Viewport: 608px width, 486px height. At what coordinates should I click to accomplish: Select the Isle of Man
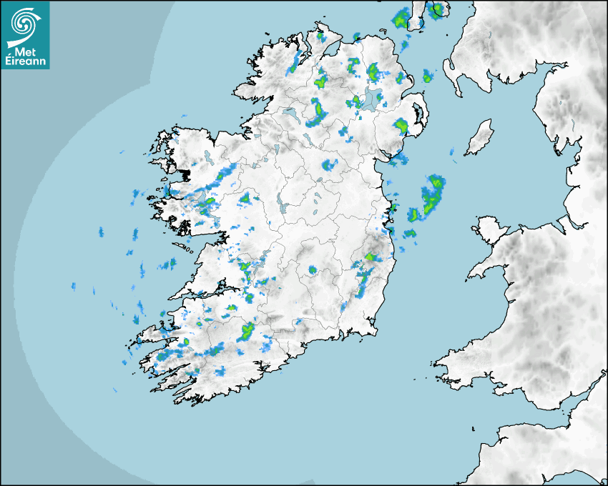click(x=479, y=138)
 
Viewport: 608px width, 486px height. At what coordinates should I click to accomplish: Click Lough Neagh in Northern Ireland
click(x=371, y=101)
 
